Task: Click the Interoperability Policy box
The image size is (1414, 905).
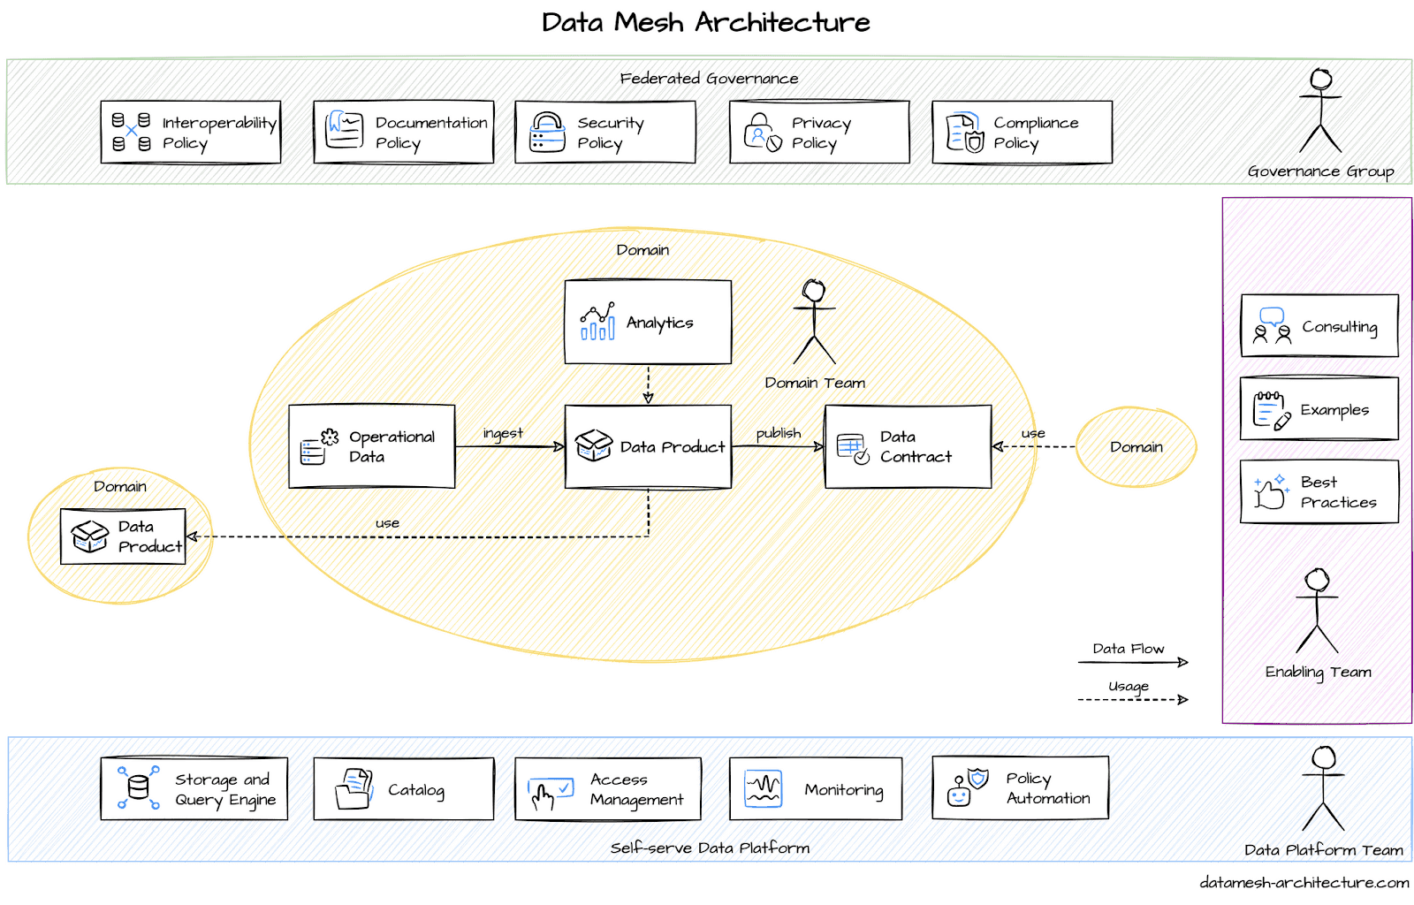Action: click(191, 132)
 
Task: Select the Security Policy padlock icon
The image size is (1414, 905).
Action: click(547, 132)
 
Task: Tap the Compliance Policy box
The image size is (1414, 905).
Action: click(1022, 132)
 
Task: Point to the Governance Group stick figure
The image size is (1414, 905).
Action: click(1320, 110)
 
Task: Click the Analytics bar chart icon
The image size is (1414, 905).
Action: click(597, 321)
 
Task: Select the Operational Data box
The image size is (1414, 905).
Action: click(372, 446)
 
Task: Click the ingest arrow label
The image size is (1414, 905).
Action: click(503, 434)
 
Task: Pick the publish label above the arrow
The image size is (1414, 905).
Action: click(779, 433)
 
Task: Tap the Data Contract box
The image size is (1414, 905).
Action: click(908, 446)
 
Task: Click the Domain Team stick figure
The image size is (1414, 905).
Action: click(814, 321)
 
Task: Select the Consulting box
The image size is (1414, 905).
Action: click(1319, 325)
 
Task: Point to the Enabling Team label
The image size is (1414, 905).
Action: click(1318, 673)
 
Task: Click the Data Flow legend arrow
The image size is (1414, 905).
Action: click(1133, 662)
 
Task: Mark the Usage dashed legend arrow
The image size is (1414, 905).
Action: click(1133, 699)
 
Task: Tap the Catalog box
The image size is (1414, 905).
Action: click(404, 789)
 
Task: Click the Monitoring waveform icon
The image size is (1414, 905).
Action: click(764, 789)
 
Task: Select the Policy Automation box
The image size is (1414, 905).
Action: click(1020, 788)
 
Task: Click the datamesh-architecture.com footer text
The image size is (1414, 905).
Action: click(1304, 882)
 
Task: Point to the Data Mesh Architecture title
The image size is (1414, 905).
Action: click(706, 23)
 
